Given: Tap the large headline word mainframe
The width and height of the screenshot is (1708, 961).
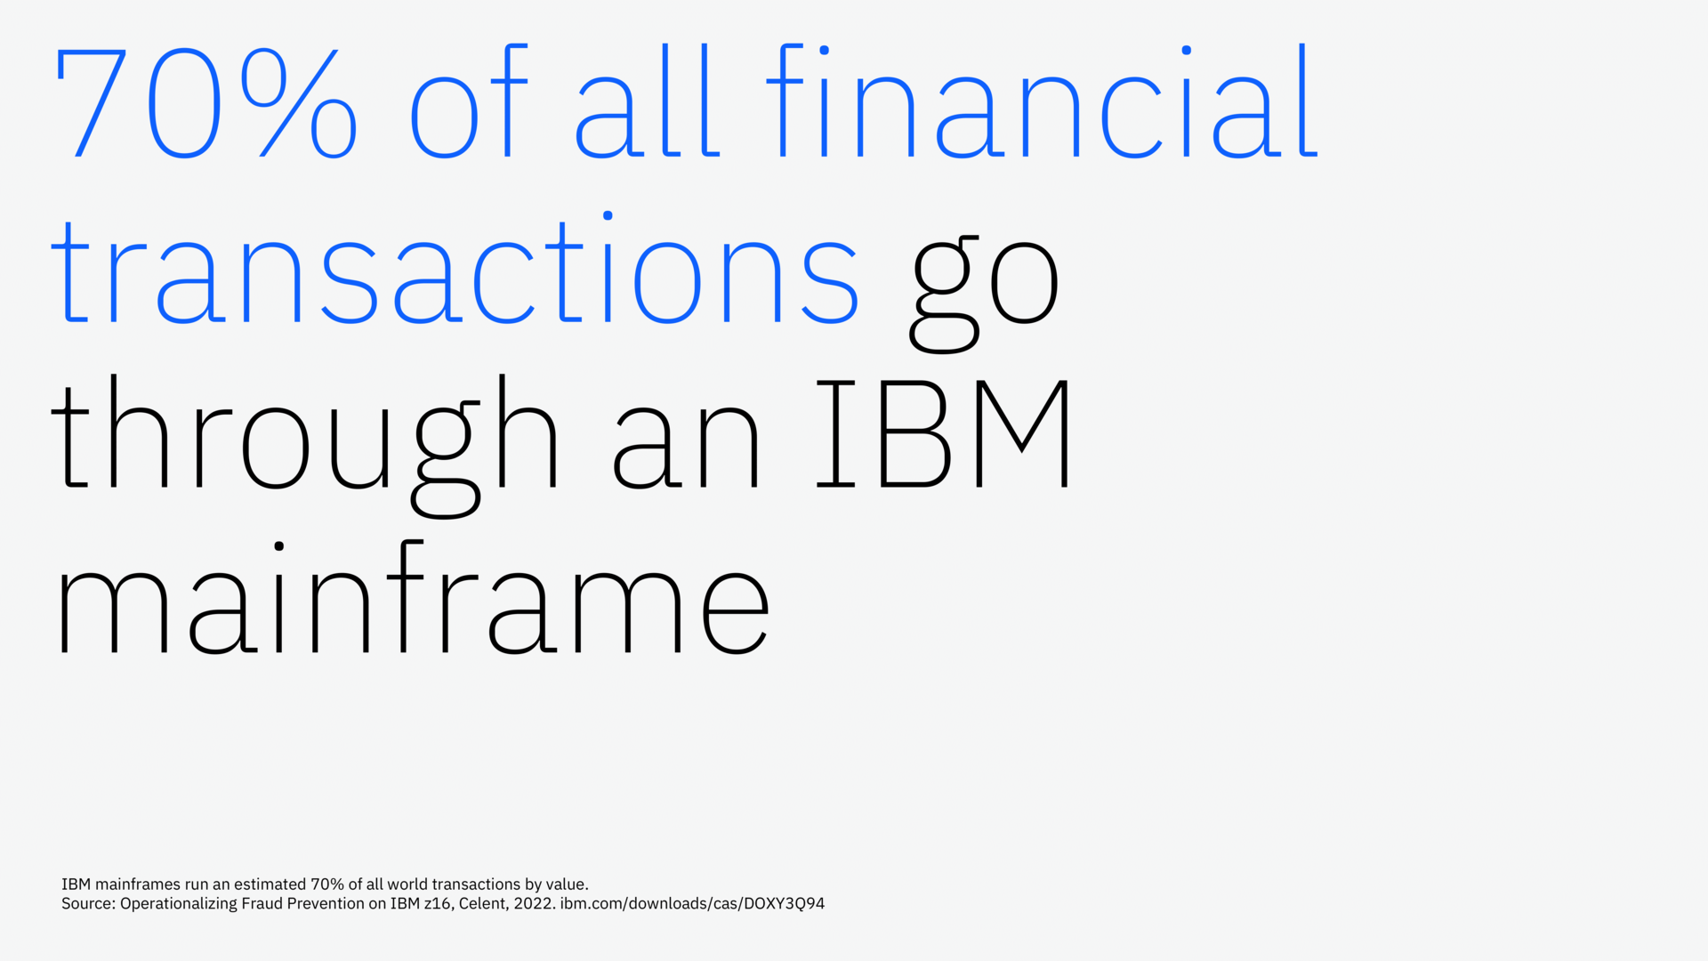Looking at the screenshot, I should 413,601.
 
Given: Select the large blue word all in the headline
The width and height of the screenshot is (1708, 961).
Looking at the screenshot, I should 648,103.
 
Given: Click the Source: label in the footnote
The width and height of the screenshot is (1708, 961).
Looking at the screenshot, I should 88,904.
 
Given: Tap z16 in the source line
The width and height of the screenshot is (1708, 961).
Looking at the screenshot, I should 438,904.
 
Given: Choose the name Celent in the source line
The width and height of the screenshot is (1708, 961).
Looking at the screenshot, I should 483,904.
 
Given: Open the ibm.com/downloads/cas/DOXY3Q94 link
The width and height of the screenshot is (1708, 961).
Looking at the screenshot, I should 692,904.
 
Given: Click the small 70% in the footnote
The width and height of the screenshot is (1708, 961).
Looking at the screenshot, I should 326,884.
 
